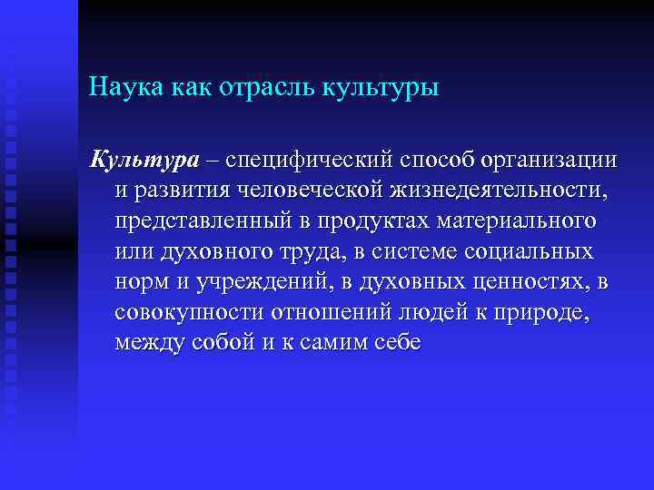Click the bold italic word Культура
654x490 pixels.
coord(143,161)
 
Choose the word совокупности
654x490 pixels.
coord(189,314)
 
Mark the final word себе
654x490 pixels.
coord(397,345)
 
